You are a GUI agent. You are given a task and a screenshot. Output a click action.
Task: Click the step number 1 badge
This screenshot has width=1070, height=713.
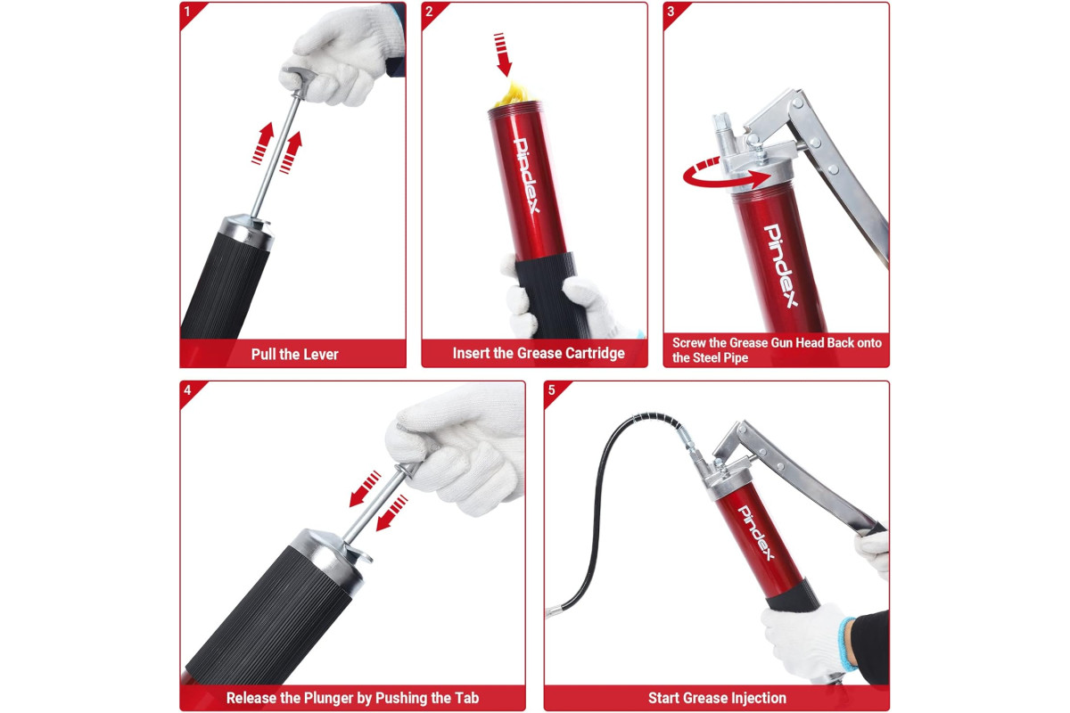[x=187, y=12]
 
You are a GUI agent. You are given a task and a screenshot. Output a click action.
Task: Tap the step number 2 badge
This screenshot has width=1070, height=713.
[x=429, y=12]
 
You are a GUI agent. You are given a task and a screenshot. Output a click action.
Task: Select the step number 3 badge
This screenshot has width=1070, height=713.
[x=671, y=12]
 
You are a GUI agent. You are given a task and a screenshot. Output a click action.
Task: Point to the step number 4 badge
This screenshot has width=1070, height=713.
[x=187, y=390]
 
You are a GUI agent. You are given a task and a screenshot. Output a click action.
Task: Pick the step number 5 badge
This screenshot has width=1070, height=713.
[x=551, y=390]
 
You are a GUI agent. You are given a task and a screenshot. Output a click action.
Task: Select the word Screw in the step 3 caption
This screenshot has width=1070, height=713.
[x=687, y=343]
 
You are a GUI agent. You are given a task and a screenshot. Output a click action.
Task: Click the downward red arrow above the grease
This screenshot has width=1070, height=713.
[x=502, y=54]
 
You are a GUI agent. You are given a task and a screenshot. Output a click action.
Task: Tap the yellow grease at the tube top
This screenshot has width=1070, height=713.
[x=512, y=94]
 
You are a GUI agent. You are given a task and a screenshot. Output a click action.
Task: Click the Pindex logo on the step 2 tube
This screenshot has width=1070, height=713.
[x=527, y=176]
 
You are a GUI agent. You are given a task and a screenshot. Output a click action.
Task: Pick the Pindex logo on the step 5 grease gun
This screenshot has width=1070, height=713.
[x=756, y=533]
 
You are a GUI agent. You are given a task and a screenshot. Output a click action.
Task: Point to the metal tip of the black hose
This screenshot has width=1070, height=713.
[x=553, y=611]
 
